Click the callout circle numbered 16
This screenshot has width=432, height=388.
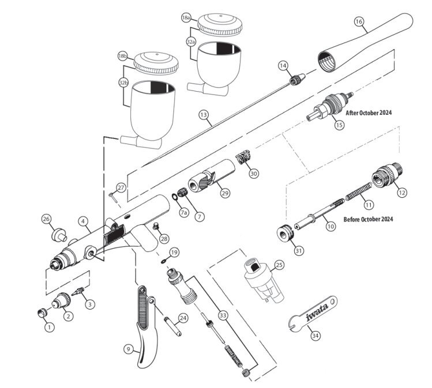click(359, 22)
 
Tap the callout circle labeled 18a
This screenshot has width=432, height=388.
click(186, 18)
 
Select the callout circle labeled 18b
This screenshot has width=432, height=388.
click(122, 56)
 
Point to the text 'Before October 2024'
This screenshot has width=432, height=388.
click(368, 220)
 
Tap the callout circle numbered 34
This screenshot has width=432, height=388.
click(314, 334)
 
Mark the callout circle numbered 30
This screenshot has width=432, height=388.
click(254, 172)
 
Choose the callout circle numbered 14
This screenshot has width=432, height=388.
click(283, 66)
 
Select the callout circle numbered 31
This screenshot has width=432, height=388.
click(283, 251)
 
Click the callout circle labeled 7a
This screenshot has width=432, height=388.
click(183, 213)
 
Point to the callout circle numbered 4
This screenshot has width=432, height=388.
click(83, 221)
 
